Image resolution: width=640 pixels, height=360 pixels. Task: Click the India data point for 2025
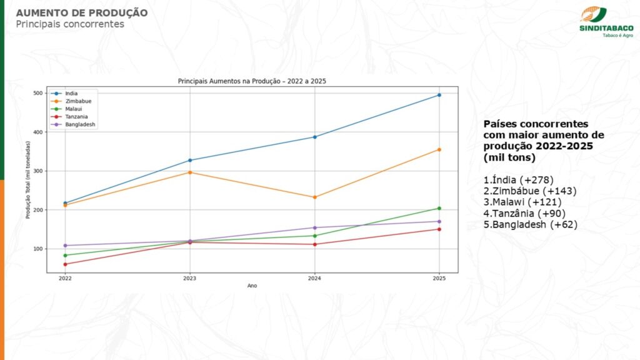pos(439,95)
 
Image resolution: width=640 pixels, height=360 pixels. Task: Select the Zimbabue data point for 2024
pos(314,197)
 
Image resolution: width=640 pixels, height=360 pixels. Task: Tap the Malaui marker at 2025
pos(439,208)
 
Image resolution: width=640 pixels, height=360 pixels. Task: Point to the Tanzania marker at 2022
pos(65,264)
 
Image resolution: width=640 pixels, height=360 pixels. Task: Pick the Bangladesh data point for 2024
pos(314,227)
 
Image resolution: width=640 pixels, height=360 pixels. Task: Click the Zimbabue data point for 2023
pos(190,172)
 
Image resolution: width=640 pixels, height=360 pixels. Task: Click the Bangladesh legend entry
pos(71,124)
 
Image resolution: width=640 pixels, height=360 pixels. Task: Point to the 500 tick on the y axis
pos(38,93)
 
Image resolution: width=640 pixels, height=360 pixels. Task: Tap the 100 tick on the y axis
pos(38,249)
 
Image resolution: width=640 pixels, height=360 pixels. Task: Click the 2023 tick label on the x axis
pos(190,279)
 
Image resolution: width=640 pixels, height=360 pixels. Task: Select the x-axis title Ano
pos(252,286)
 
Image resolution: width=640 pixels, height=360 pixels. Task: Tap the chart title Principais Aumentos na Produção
pos(252,81)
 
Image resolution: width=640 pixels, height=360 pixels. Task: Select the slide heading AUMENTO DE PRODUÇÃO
pos(82,12)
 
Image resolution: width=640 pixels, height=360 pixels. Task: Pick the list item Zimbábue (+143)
pos(530,191)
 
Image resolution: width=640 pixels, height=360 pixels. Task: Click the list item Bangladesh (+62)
pos(531,224)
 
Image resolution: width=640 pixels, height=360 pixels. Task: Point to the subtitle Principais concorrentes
pos(70,24)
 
